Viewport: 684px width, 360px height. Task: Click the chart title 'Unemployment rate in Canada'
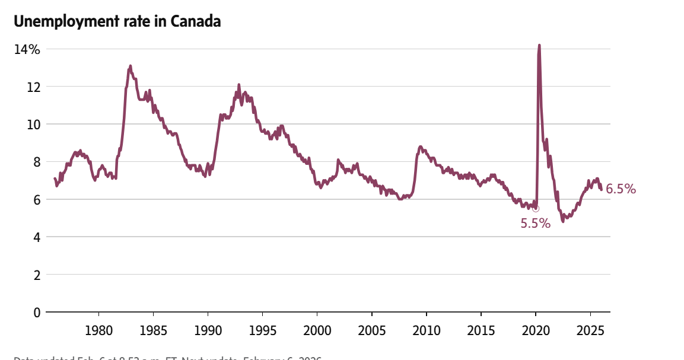(x=117, y=21)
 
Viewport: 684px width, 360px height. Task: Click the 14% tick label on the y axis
(x=27, y=49)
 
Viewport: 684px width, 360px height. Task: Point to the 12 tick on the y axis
(x=33, y=87)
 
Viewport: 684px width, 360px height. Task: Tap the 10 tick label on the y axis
(x=33, y=125)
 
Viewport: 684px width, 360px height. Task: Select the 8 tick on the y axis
(x=36, y=162)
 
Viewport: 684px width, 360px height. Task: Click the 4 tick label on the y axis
(x=36, y=237)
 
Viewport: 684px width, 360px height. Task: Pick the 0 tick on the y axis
(x=36, y=313)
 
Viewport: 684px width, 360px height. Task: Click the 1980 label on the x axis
(x=98, y=330)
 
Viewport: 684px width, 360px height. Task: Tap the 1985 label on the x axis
(x=153, y=330)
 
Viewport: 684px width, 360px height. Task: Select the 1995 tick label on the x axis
(x=262, y=330)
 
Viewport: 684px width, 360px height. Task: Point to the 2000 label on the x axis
(x=317, y=330)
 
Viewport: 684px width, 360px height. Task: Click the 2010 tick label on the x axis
(x=427, y=330)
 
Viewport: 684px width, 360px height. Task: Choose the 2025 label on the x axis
(x=591, y=330)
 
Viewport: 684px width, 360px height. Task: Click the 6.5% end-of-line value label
(x=621, y=189)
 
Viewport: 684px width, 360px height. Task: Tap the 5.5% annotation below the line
(x=535, y=224)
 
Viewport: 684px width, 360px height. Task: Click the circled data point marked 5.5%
(x=536, y=208)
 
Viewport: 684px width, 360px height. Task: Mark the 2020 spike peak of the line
(x=539, y=45)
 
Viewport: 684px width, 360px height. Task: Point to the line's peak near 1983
(x=130, y=66)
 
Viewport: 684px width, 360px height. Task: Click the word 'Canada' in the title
(x=196, y=21)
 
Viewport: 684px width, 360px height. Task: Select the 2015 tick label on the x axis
(x=481, y=330)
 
